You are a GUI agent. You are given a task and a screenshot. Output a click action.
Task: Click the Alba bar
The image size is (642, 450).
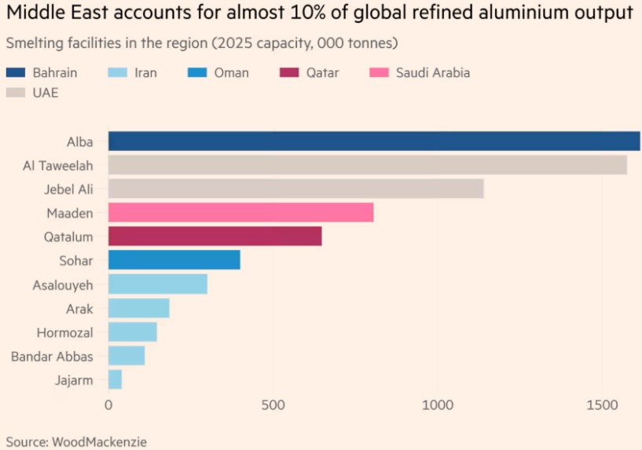[x=373, y=142]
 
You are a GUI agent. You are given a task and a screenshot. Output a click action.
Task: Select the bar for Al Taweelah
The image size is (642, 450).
[x=367, y=165]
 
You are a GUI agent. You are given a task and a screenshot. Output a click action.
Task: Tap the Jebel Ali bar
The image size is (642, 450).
[x=295, y=189]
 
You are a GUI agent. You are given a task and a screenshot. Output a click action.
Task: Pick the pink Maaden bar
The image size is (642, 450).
[x=240, y=212]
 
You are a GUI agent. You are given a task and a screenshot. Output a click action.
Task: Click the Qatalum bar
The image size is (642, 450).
[x=215, y=236]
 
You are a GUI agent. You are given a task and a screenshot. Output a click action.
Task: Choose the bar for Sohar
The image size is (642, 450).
[x=174, y=260]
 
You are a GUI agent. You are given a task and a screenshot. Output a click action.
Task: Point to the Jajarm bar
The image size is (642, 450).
[x=115, y=379]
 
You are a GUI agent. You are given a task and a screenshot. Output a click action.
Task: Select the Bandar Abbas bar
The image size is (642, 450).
[x=127, y=356]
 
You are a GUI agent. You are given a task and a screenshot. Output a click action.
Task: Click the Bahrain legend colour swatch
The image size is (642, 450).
[x=16, y=73]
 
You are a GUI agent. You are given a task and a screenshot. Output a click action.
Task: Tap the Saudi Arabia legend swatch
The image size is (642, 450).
[x=380, y=73]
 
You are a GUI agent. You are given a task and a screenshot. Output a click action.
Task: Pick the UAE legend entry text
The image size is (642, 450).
[x=46, y=93]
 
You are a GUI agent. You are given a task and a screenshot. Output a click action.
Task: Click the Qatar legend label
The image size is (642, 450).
[x=322, y=73]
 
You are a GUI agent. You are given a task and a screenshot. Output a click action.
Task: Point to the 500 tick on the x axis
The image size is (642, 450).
[x=272, y=404]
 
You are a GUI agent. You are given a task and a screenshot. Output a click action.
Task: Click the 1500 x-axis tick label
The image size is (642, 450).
[x=601, y=404]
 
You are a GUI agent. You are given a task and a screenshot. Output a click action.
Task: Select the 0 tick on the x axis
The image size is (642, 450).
[x=108, y=404]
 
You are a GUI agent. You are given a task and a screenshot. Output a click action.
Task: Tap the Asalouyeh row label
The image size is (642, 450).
[x=63, y=284]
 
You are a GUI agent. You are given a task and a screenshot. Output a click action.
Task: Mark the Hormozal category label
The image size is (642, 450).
[x=64, y=332]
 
